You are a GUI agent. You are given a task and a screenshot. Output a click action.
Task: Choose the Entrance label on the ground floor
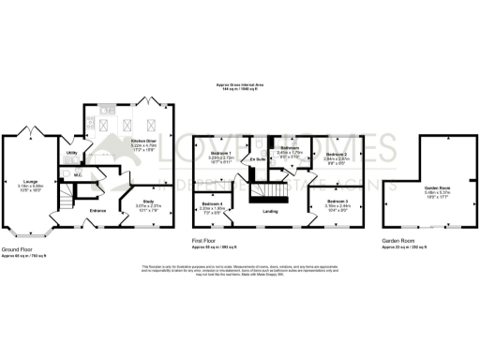tap(98, 211)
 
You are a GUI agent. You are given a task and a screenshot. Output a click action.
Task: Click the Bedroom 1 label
tap(220, 152)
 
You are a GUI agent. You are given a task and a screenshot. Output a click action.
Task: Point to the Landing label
tap(271, 211)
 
